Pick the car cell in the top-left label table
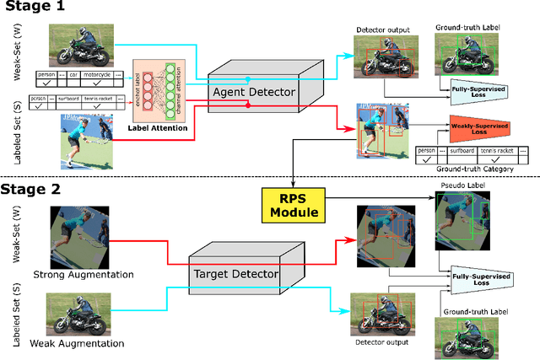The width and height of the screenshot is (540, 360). click(71, 74)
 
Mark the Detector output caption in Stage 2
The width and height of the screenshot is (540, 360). click(381, 342)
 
